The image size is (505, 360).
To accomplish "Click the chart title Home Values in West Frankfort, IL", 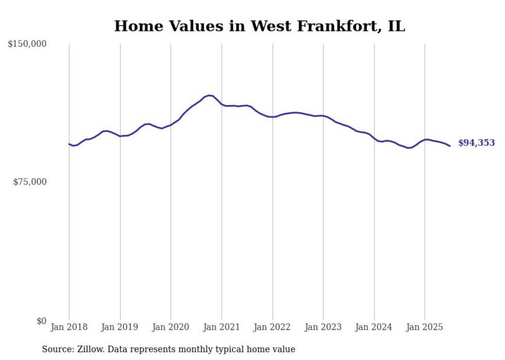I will (259, 26).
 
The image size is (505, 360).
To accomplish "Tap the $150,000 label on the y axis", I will (27, 44).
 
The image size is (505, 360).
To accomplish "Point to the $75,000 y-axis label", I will (30, 182).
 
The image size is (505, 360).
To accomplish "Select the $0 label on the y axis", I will (41, 321).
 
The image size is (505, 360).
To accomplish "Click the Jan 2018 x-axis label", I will (69, 327).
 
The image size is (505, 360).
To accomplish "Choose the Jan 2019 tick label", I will (120, 327).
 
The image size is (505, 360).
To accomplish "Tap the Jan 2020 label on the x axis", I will (171, 327).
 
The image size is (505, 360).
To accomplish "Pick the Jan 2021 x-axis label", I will (222, 327).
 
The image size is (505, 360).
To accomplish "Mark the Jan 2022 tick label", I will (273, 327).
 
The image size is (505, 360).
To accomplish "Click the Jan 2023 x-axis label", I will (323, 327).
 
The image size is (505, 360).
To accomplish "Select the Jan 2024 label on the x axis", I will (374, 327).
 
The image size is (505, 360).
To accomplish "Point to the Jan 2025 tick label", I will (425, 327).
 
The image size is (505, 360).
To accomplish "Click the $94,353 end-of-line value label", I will (476, 143).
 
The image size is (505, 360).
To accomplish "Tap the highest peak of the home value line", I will (209, 95).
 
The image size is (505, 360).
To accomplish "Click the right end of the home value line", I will (450, 146).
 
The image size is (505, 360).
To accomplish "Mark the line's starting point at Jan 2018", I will (69, 144).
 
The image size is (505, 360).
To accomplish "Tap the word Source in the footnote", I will (56, 349).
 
